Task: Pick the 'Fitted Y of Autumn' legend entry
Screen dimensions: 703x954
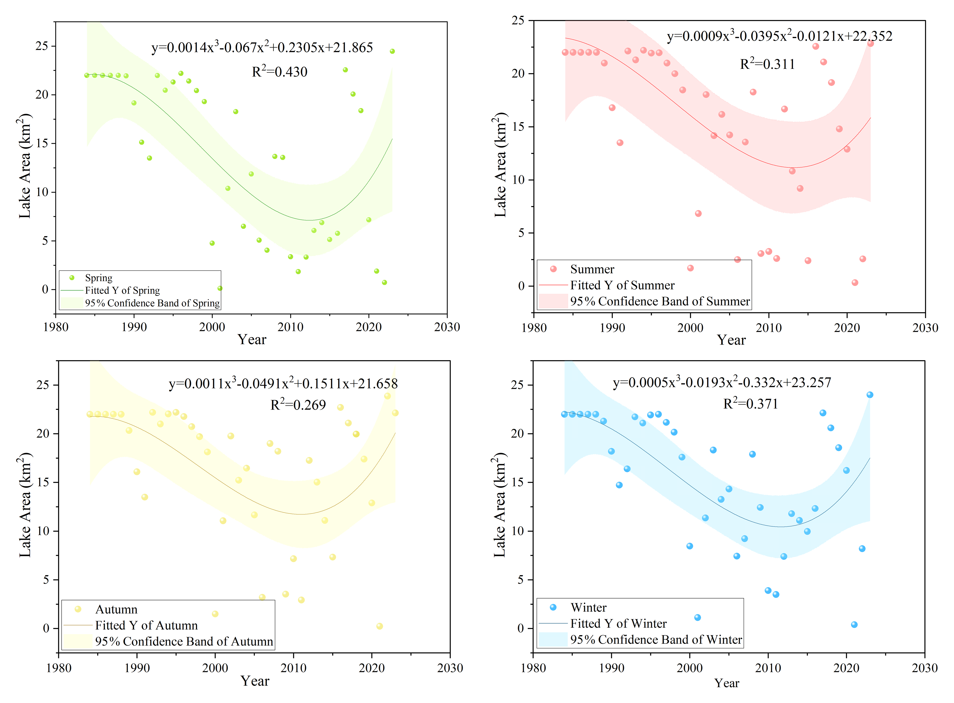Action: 146,625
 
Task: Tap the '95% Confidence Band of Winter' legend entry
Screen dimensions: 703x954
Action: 656,640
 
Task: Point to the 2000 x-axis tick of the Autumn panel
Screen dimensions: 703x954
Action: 215,668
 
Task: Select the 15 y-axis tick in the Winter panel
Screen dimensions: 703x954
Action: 517,482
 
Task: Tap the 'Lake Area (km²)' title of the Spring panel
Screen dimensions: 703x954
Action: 25,166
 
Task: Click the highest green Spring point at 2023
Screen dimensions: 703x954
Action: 392,51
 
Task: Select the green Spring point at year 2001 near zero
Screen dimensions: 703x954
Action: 220,288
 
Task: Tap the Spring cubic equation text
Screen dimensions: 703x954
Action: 262,47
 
